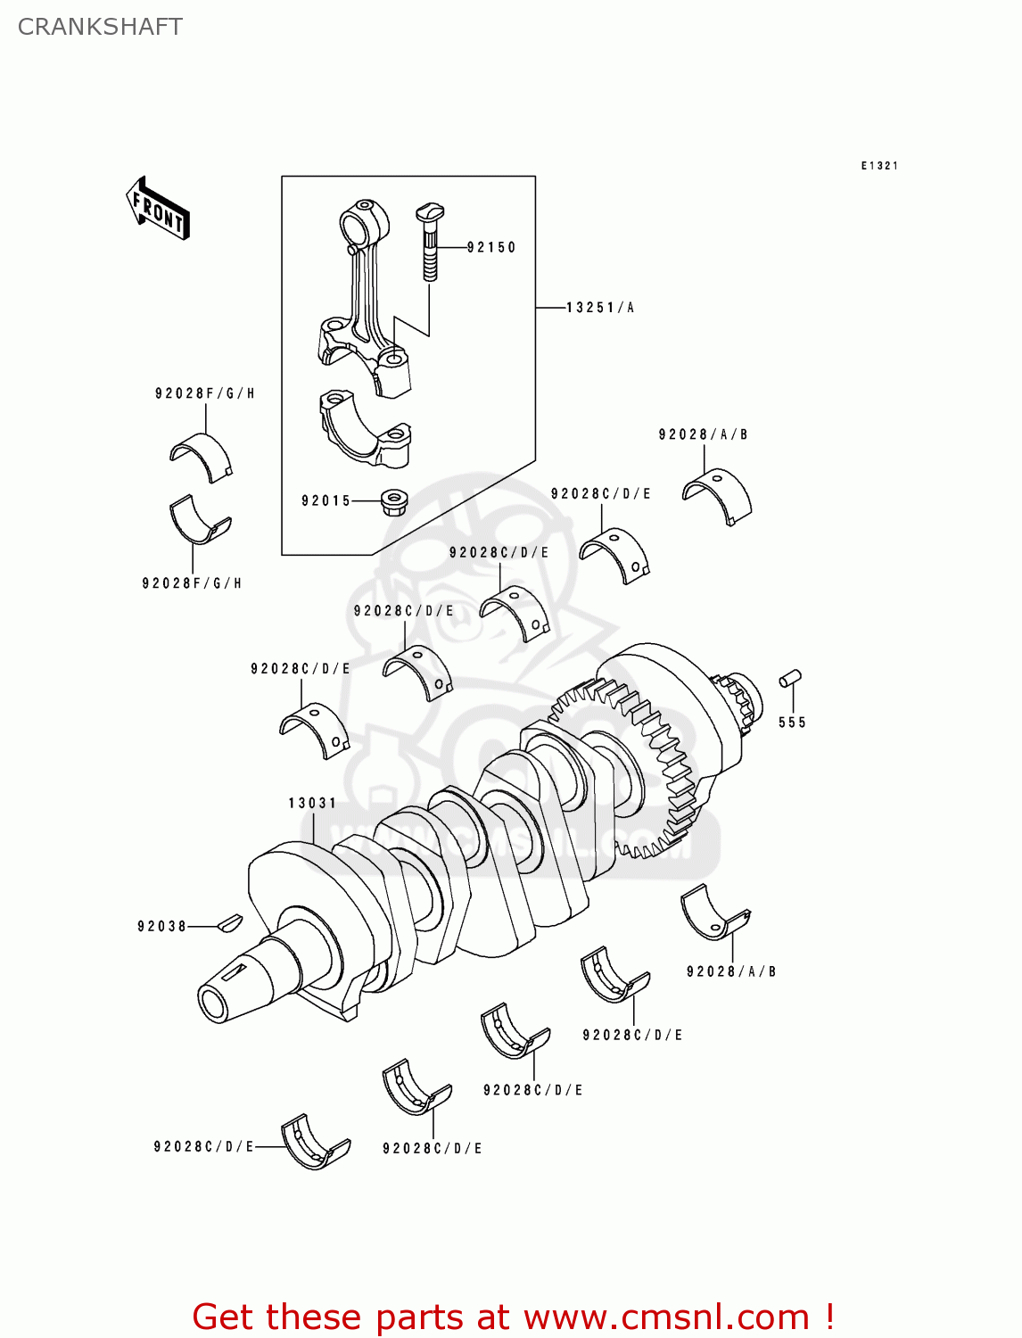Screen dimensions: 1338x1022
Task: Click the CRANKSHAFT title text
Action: click(x=100, y=27)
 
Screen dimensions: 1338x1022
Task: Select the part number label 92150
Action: click(x=491, y=247)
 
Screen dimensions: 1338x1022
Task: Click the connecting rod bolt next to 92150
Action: click(x=430, y=241)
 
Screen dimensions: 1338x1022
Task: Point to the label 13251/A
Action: click(x=599, y=308)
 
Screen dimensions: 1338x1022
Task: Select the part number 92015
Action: click(x=326, y=501)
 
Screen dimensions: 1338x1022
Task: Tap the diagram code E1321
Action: click(x=879, y=166)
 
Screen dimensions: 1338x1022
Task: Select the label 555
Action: click(x=792, y=723)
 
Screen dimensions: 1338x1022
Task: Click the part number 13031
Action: click(x=312, y=803)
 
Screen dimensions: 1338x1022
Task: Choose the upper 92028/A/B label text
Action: click(x=703, y=434)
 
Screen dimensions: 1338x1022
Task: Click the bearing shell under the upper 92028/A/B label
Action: click(x=718, y=495)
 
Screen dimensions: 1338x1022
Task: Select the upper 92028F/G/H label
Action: click(x=204, y=393)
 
